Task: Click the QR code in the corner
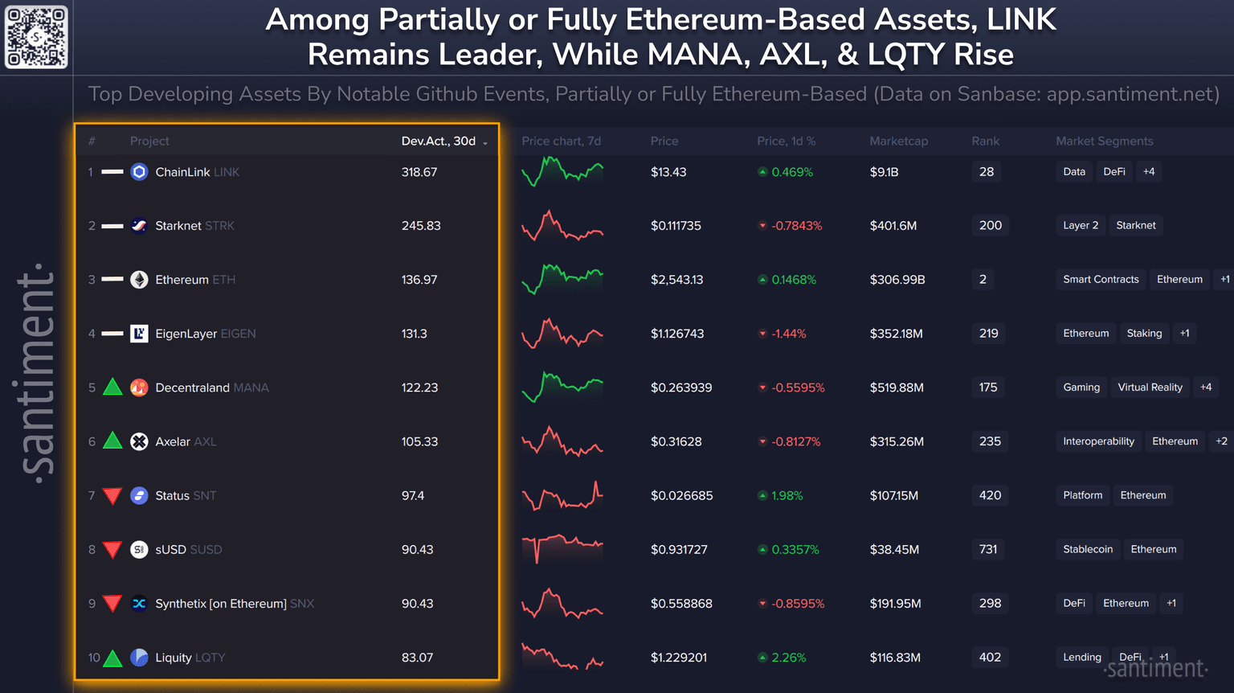36,37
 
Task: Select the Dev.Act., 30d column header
439,141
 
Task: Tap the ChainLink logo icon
139,172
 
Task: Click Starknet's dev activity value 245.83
421,226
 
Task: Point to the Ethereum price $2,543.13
676,280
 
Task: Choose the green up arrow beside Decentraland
113,388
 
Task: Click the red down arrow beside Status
113,496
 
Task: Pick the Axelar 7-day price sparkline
562,441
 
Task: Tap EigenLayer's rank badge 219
988,334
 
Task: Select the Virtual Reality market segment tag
1150,388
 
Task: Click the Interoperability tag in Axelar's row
1098,441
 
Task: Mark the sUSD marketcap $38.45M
894,550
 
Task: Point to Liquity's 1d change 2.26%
788,658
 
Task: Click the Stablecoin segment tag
1088,550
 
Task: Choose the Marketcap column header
898,141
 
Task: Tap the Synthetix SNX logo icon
139,604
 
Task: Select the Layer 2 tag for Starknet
1081,226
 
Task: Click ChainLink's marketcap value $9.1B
884,172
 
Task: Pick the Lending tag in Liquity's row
1082,658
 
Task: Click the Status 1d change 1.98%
787,496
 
